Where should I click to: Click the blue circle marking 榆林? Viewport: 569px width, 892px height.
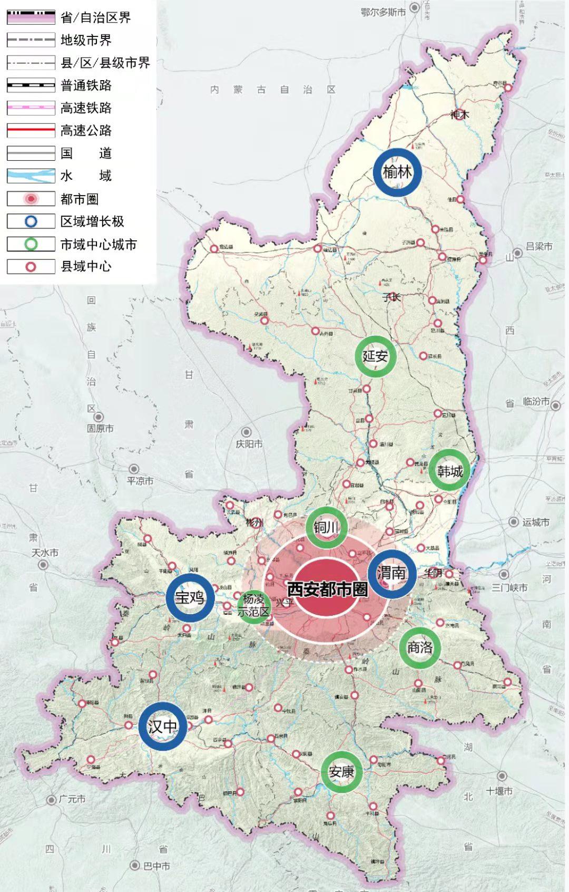(397, 172)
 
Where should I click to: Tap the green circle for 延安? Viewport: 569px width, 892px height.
(375, 356)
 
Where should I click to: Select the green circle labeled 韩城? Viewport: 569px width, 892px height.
(449, 471)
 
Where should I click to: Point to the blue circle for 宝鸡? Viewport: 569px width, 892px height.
(190, 597)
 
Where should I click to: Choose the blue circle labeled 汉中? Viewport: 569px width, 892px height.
(163, 726)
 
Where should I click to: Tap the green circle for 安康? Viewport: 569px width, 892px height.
(341, 772)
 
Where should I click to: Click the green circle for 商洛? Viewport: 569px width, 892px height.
(419, 647)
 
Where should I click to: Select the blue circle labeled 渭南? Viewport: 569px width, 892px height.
(391, 573)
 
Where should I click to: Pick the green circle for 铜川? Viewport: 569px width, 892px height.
(327, 527)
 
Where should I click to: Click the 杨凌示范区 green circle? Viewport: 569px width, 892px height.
(254, 605)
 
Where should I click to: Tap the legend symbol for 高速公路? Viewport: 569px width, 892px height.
(31, 130)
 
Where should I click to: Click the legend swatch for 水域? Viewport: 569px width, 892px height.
(31, 176)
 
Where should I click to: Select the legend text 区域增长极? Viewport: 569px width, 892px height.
(92, 221)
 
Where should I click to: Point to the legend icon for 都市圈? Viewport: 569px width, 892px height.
(31, 199)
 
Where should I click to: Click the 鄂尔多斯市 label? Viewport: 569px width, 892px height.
(383, 12)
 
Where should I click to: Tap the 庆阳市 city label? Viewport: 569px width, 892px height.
(249, 444)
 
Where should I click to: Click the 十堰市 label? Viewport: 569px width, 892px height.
(499, 791)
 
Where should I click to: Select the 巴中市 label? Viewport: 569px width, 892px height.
(156, 866)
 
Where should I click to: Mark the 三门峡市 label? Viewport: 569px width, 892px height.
(509, 587)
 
